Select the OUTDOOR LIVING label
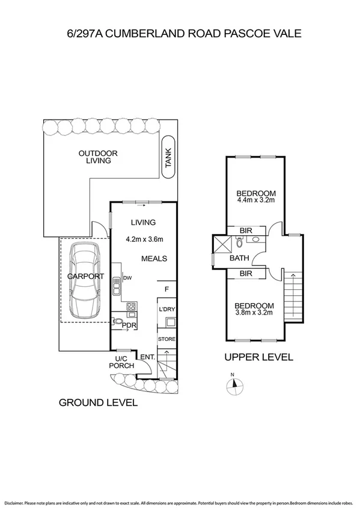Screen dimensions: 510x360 tap(98, 157)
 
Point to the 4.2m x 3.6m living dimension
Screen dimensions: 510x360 tap(144, 239)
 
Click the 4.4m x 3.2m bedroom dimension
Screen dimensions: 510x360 tap(256, 200)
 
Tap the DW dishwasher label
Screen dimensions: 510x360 tap(127, 278)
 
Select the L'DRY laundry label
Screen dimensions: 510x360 tap(166, 309)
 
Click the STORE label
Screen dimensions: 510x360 tap(166, 339)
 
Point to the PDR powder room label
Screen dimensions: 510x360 tap(129, 326)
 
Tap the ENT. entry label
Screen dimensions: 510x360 tap(147, 357)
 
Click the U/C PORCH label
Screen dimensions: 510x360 tap(118, 362)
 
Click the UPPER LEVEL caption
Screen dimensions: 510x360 tap(258, 357)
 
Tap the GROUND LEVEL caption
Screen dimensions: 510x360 tap(97, 402)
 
